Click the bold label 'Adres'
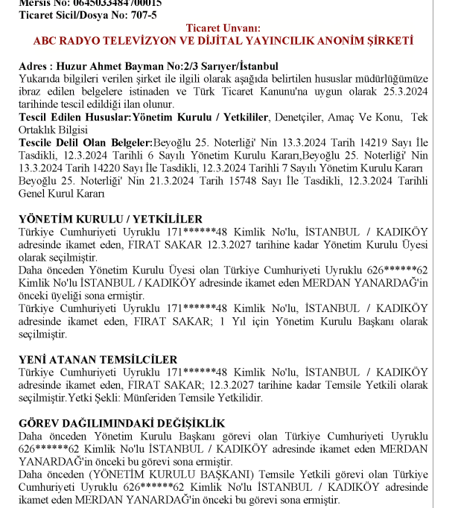pos(34,66)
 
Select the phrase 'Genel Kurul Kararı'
pos(62,194)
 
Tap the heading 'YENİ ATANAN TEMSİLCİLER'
pos(98,360)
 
